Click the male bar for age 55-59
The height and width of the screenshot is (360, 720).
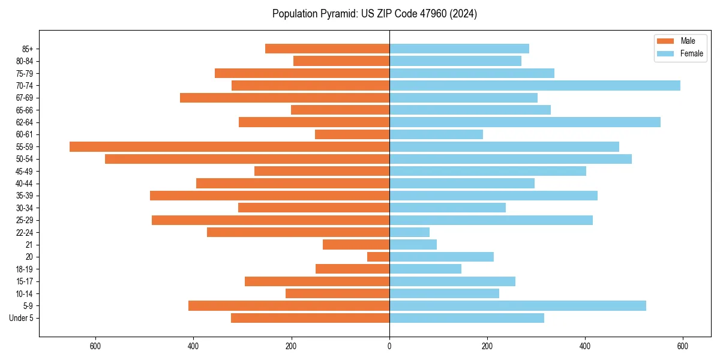point(229,146)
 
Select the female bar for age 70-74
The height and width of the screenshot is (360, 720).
point(535,85)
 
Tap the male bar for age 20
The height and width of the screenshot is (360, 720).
point(378,257)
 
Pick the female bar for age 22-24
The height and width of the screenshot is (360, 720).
point(409,232)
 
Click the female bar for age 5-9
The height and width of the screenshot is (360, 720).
point(518,305)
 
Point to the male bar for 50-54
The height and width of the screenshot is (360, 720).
point(247,159)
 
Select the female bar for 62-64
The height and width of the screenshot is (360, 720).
point(525,122)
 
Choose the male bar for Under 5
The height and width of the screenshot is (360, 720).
point(310,318)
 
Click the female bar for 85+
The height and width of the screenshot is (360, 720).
point(459,49)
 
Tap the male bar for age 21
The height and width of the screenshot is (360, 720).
point(356,244)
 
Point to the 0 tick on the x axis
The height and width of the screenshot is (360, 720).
point(389,346)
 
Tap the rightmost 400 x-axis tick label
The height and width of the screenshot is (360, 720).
point(585,346)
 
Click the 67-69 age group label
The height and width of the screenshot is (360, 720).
point(25,98)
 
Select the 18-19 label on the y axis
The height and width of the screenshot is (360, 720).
point(25,269)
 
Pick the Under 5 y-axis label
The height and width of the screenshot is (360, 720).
point(22,318)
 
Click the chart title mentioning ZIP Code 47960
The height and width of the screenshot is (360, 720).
point(374,14)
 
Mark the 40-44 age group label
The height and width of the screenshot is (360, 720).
point(25,183)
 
